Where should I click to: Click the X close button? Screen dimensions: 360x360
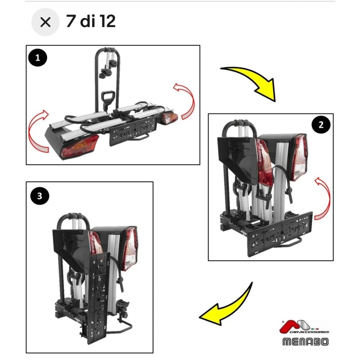click(x=45, y=22)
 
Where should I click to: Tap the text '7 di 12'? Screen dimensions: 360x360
click(x=91, y=21)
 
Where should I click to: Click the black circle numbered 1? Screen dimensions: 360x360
click(x=38, y=58)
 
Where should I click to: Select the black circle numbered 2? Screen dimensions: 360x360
click(x=321, y=125)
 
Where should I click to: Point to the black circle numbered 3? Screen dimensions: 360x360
click(x=40, y=196)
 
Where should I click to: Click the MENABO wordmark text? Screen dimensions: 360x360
click(x=306, y=342)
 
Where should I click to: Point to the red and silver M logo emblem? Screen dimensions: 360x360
click(x=296, y=326)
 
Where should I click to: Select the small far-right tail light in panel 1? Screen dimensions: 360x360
click(x=170, y=118)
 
